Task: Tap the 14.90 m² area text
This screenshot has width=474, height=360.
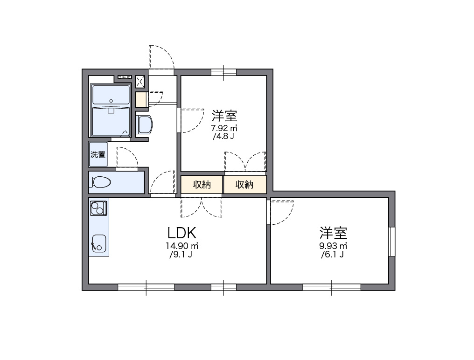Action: (x=181, y=246)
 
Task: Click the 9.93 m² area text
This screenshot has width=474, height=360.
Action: (x=333, y=246)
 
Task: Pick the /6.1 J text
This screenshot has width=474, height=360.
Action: (x=333, y=255)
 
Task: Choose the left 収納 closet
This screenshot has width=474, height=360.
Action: (x=202, y=185)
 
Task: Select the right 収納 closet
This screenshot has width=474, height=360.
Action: (x=244, y=185)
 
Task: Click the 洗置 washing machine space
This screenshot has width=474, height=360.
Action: (x=98, y=154)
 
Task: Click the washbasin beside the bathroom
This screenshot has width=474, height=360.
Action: (x=144, y=125)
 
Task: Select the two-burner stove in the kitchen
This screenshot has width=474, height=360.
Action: (x=98, y=208)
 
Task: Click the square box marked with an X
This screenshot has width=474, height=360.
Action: (x=140, y=82)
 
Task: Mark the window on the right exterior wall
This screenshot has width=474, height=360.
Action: (x=392, y=242)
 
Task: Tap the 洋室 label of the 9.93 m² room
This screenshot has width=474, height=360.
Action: (x=333, y=232)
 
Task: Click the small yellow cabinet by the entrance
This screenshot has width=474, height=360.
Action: (x=141, y=100)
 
